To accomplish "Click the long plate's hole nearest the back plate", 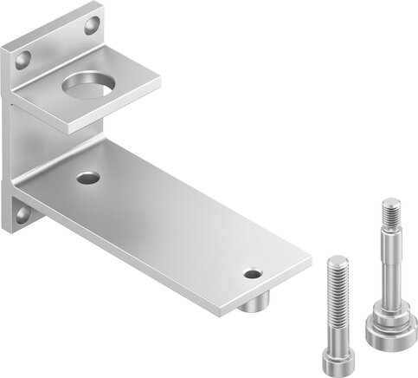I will [x=87, y=179].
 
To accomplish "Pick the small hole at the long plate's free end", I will [x=252, y=274].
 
